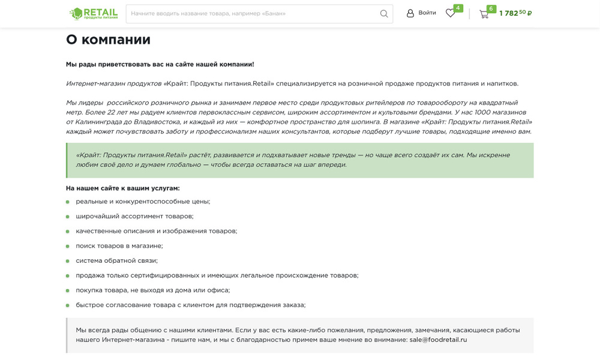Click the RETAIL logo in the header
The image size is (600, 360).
(94, 13)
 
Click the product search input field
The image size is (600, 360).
(252, 14)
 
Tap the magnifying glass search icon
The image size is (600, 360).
(384, 14)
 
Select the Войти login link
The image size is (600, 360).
(421, 13)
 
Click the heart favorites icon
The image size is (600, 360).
(450, 13)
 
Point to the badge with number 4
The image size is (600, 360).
(458, 8)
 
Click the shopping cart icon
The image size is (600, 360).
(484, 14)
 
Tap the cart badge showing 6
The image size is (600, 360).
(491, 8)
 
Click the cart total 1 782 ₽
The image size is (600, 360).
(515, 13)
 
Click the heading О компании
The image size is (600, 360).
(108, 40)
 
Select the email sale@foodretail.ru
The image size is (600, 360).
(438, 340)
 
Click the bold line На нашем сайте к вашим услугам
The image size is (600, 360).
(122, 188)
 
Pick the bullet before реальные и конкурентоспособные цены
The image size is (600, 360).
(68, 202)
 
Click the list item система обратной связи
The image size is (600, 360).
(116, 261)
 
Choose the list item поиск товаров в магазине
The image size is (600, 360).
(119, 246)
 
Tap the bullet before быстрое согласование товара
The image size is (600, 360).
(68, 305)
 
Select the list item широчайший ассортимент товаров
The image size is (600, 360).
(134, 217)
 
